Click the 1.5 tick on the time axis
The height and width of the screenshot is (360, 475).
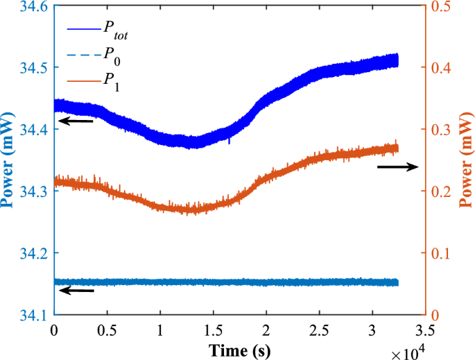point(213,331)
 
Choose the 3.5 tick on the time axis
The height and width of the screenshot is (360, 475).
point(425,331)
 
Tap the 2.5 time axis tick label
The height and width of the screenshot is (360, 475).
point(319,331)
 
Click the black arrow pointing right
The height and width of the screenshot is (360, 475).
point(397,166)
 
